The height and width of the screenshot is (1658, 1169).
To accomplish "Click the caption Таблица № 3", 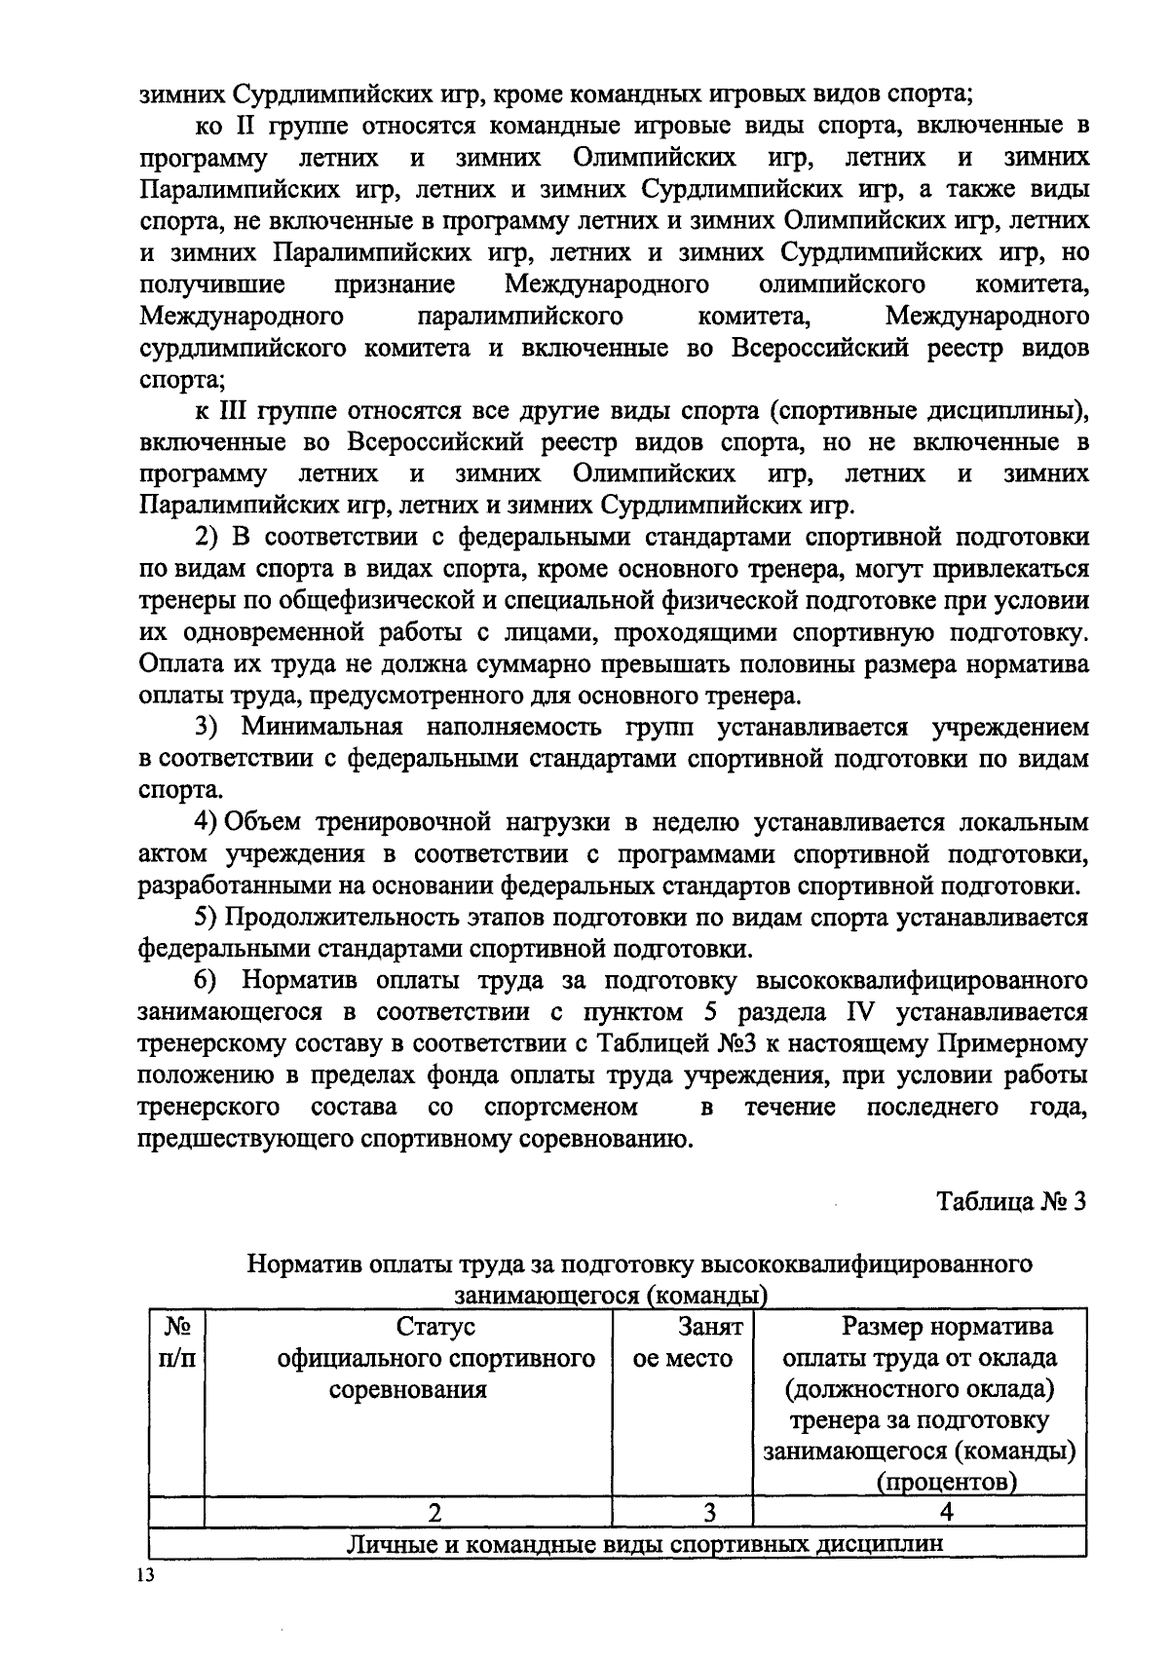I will tap(1010, 1201).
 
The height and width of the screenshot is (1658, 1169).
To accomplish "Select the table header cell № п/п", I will tap(176, 1343).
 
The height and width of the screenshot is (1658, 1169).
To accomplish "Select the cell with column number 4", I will tap(919, 1513).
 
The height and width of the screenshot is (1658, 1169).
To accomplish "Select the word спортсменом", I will tap(560, 1108).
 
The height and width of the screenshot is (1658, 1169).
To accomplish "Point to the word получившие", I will tap(212, 284).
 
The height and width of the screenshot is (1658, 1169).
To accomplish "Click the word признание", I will tap(395, 284).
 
